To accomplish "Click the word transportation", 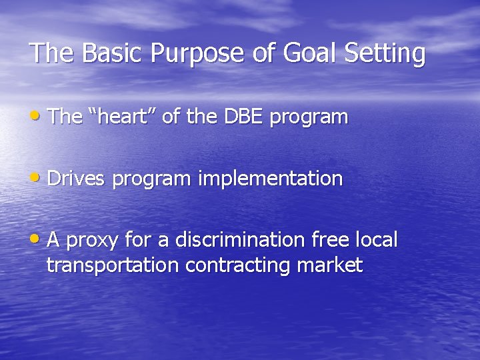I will (113, 265).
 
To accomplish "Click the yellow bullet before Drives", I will (37, 178).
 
